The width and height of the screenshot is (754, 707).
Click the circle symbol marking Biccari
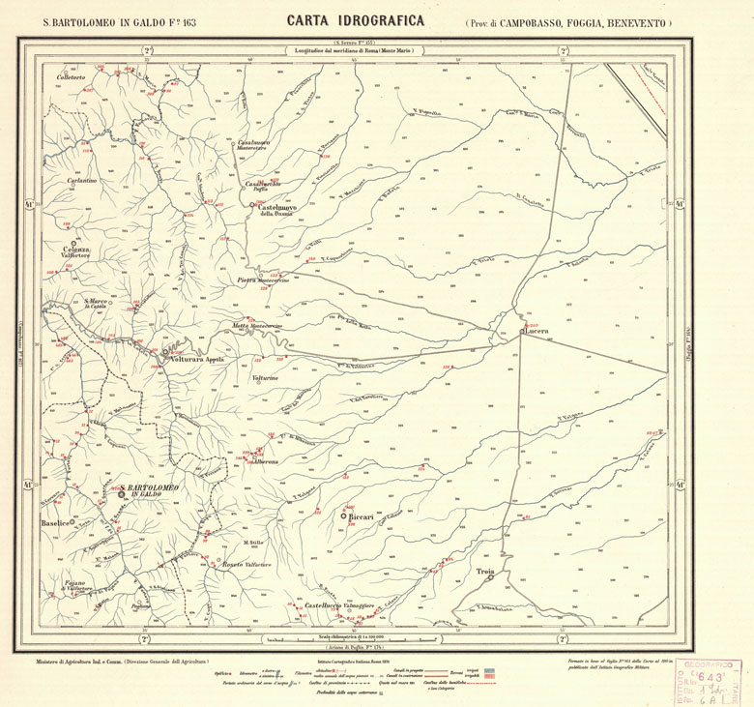[x=343, y=517]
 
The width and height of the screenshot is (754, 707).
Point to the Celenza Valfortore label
[x=75, y=252]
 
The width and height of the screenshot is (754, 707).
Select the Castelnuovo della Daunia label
[x=278, y=209]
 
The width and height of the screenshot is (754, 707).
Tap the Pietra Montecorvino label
[x=261, y=280]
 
